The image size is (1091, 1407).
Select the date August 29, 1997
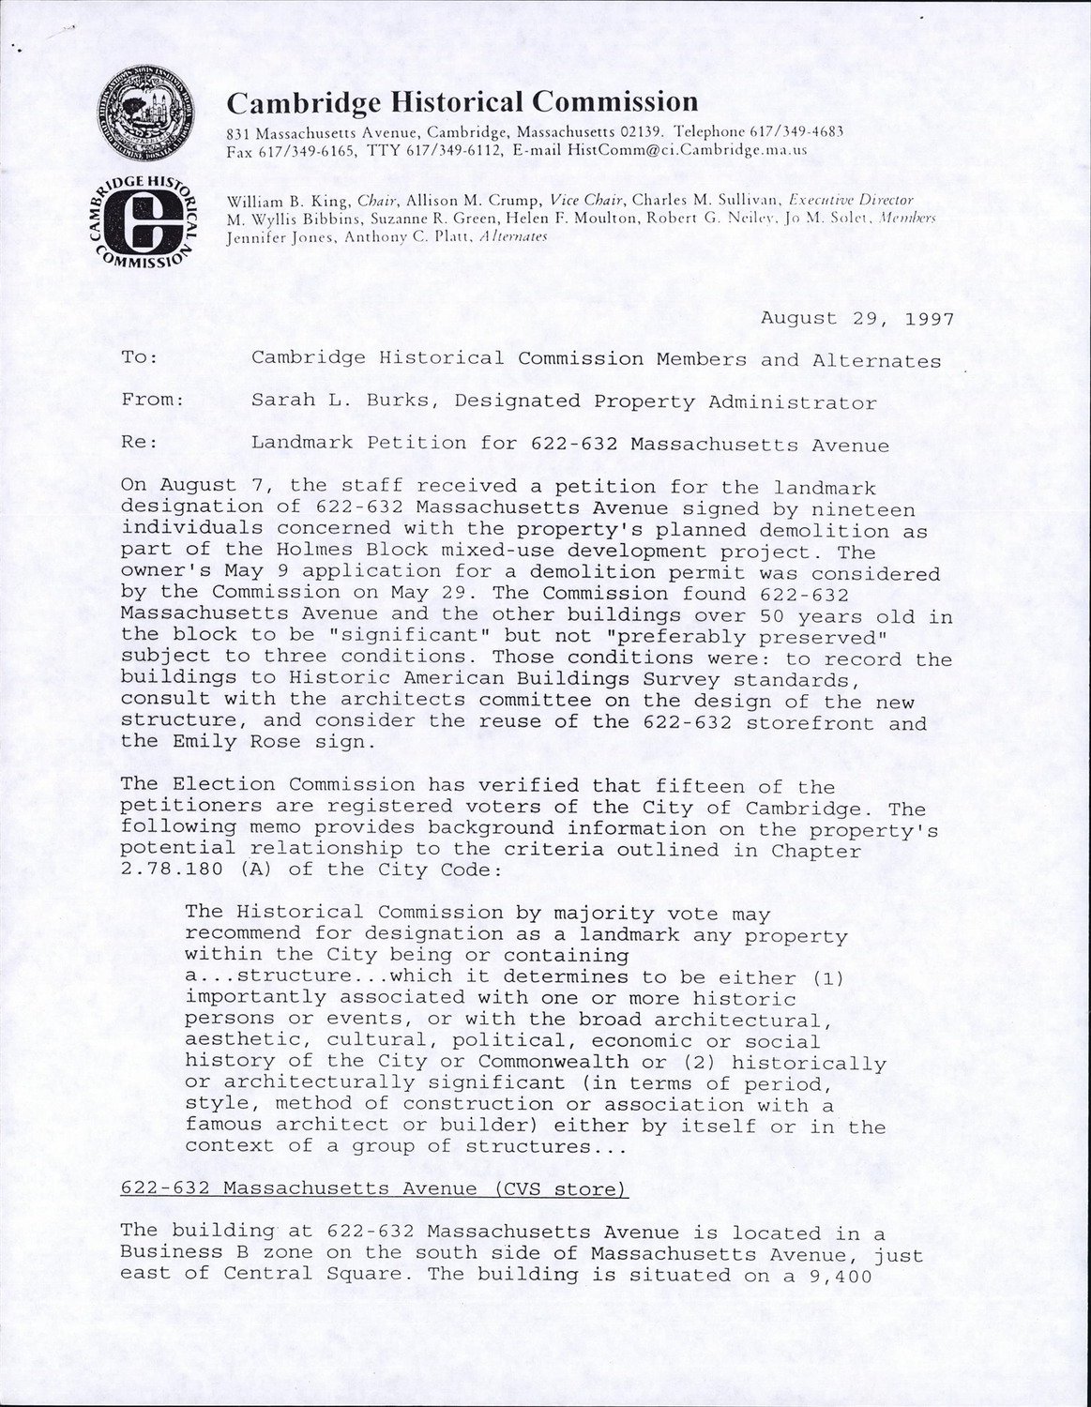point(857,318)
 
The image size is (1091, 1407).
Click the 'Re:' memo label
point(139,442)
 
